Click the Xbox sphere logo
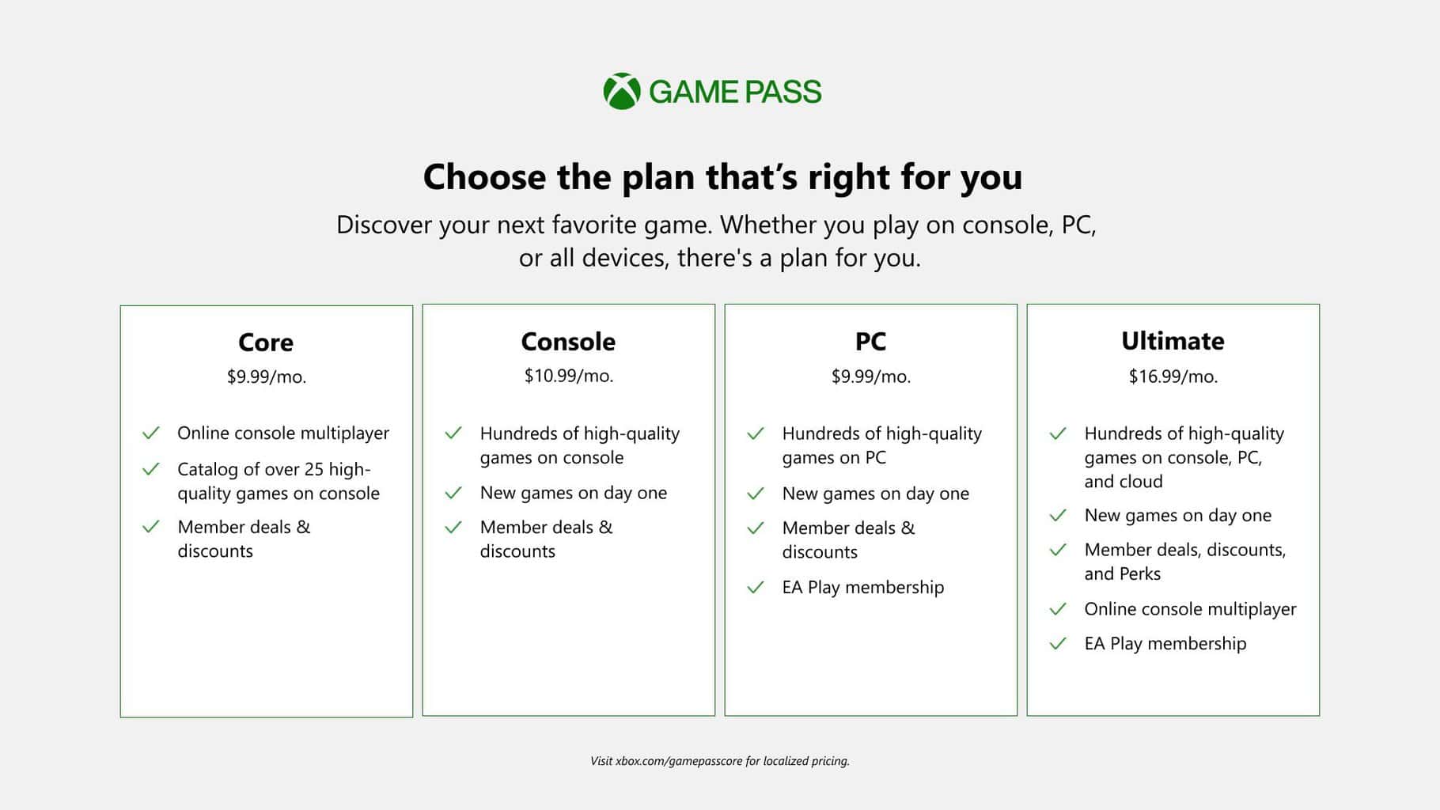[x=622, y=92]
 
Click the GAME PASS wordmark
[x=735, y=93]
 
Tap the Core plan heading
[x=266, y=343]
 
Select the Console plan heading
[x=568, y=342]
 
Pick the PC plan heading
[x=870, y=342]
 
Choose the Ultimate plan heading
[x=1173, y=341]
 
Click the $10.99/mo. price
[x=568, y=376]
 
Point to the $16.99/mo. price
[x=1173, y=377]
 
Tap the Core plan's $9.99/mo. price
[x=266, y=377]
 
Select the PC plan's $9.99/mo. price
[x=870, y=377]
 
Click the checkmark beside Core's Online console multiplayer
[x=150, y=433]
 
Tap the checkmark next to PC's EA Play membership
[x=756, y=588]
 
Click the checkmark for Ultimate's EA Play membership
[x=1058, y=644]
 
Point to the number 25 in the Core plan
[x=314, y=469]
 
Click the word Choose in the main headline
[x=484, y=177]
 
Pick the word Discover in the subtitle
[x=384, y=225]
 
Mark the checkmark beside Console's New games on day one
[x=453, y=494]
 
